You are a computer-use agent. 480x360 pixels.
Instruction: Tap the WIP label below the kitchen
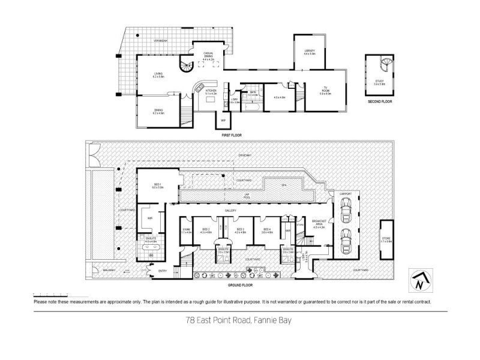click(223, 121)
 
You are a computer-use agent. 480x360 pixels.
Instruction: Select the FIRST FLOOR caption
click(231, 136)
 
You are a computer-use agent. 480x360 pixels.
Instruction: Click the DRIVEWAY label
click(244, 155)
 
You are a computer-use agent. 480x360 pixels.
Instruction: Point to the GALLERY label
click(230, 211)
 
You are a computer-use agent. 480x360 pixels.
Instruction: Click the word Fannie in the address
click(259, 321)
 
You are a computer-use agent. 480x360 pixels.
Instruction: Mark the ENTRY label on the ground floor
click(163, 271)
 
